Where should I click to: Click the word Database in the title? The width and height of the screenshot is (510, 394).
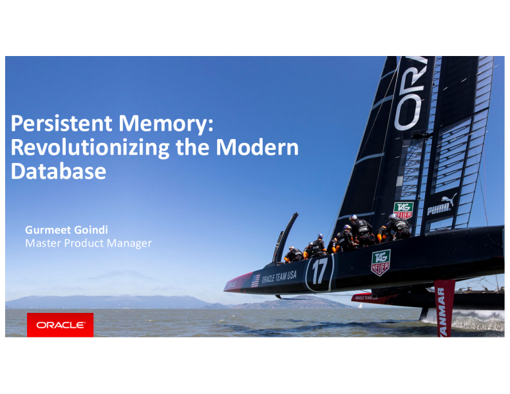59,171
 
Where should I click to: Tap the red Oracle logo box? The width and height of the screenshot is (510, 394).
60,325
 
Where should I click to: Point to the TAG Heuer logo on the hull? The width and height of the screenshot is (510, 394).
380,262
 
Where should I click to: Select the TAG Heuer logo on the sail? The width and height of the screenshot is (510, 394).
404,210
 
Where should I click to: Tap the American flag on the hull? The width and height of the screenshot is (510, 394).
255,280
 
